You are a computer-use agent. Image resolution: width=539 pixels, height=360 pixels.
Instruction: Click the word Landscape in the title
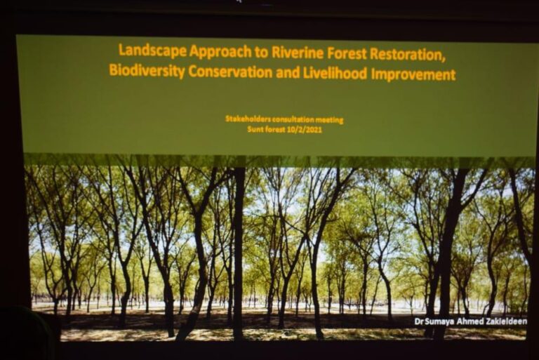152,51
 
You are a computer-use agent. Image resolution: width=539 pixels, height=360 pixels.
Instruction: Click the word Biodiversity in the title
147,71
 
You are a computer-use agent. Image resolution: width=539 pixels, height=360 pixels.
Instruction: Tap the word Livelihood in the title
335,73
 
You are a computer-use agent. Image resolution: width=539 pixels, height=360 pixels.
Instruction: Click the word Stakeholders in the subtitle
248,119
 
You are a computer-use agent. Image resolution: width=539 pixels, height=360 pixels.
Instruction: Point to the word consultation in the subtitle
293,120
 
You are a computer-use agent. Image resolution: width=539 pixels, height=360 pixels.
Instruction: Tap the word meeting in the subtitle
330,120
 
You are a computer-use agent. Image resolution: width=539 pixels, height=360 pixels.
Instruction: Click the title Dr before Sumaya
420,322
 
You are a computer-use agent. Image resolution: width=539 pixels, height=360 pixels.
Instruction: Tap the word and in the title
288,73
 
